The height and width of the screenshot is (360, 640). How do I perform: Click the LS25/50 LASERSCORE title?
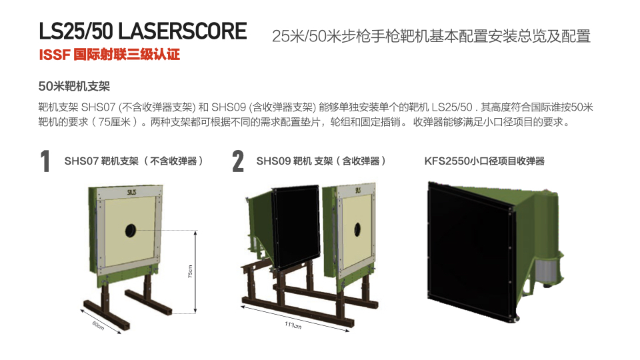click(143, 31)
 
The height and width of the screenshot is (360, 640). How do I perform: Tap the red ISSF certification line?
click(109, 55)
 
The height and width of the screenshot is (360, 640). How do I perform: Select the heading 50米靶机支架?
click(74, 86)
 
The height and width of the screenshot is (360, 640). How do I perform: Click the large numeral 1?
click(45, 161)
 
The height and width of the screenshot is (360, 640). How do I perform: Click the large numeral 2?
click(238, 161)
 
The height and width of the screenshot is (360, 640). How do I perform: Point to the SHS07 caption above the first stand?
click(134, 161)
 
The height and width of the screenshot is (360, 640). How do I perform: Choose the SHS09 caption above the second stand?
click(321, 161)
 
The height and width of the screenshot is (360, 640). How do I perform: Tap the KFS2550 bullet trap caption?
click(485, 161)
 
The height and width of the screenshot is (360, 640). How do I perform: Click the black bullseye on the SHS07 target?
click(131, 231)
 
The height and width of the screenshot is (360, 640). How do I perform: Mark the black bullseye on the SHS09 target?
click(357, 230)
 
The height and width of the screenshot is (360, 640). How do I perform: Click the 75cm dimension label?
click(190, 271)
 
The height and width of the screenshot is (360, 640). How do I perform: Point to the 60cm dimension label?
click(98, 325)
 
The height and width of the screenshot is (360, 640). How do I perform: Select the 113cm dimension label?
click(293, 325)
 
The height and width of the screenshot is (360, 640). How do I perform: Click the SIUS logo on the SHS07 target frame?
click(131, 192)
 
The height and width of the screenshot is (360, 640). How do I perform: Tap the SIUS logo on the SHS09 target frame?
click(358, 190)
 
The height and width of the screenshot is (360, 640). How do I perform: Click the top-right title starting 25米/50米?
click(431, 36)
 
